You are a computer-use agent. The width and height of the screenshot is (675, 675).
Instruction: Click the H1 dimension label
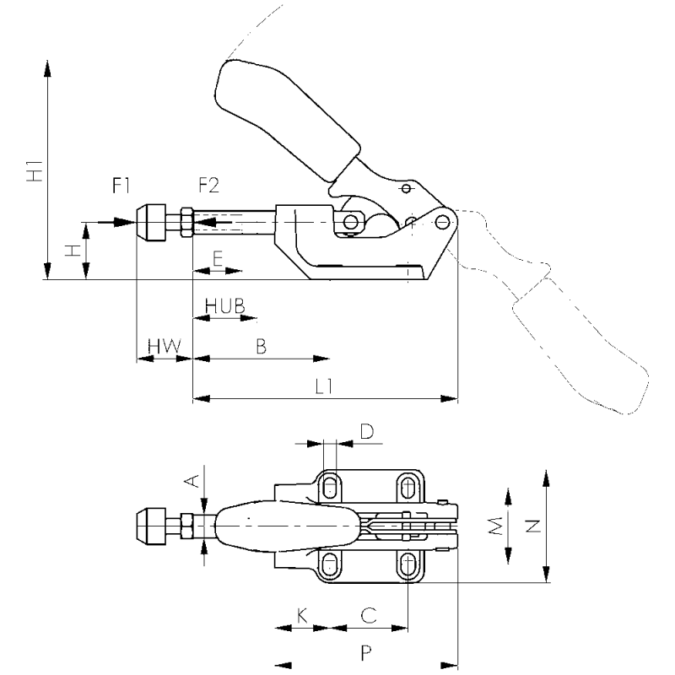(35, 171)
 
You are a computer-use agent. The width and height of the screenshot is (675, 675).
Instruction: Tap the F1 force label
(121, 186)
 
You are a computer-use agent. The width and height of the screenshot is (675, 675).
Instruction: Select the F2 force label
(208, 185)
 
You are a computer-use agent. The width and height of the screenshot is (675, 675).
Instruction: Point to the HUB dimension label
(224, 305)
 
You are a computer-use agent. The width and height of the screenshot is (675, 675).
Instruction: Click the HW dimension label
(165, 346)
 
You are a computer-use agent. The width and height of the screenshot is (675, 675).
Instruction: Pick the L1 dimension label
(324, 386)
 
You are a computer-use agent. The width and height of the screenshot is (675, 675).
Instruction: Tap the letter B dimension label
(261, 346)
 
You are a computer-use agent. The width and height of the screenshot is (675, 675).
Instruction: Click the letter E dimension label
(218, 258)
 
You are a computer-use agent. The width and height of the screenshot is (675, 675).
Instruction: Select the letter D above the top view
(367, 431)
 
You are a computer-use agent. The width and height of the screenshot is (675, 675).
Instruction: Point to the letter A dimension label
(192, 480)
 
